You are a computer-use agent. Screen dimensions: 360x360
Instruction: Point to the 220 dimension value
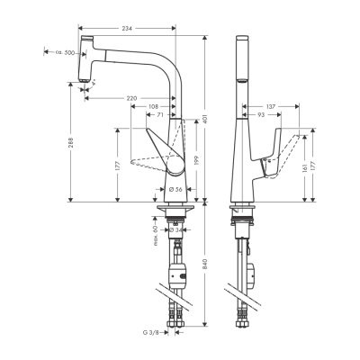pos(133,96)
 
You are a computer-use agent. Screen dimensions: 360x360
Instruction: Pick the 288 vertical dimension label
pos(70,144)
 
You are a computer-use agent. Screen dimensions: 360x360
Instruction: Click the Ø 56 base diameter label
pos(176,190)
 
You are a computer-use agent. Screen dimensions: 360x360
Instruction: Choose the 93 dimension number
pos(259,116)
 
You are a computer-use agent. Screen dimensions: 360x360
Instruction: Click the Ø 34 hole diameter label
pos(179,229)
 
